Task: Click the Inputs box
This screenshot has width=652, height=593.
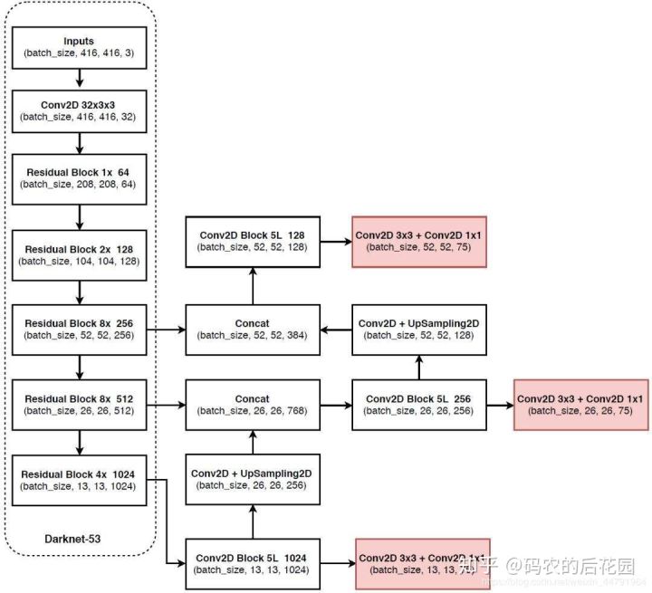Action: click(81, 48)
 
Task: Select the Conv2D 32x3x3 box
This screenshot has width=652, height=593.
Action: click(81, 111)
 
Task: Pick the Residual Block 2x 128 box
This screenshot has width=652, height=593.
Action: click(81, 253)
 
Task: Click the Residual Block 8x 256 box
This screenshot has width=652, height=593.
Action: click(81, 329)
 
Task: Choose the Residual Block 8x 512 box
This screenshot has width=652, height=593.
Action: click(81, 404)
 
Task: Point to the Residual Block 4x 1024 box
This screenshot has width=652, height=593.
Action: click(81, 480)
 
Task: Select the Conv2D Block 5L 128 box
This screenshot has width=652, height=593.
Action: click(253, 242)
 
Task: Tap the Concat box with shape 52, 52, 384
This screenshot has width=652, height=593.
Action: click(253, 329)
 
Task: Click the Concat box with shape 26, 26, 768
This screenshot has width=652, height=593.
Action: click(253, 404)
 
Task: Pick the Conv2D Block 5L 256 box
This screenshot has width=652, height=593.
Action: click(419, 404)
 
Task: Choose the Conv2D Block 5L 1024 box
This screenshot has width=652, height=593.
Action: click(253, 563)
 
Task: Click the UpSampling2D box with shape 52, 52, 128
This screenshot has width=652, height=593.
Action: click(419, 329)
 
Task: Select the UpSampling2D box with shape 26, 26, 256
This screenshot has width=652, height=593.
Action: click(253, 480)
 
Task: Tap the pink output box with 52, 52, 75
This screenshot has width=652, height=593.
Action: click(419, 242)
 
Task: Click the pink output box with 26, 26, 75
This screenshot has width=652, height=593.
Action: click(580, 404)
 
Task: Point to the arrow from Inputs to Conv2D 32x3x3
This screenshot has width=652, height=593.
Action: click(81, 80)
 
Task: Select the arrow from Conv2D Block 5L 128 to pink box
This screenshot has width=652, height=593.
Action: click(336, 242)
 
